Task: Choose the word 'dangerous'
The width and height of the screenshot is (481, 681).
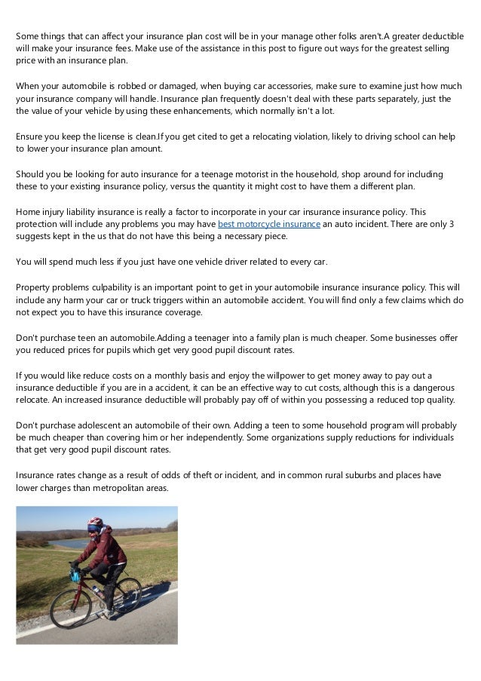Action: point(432,387)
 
